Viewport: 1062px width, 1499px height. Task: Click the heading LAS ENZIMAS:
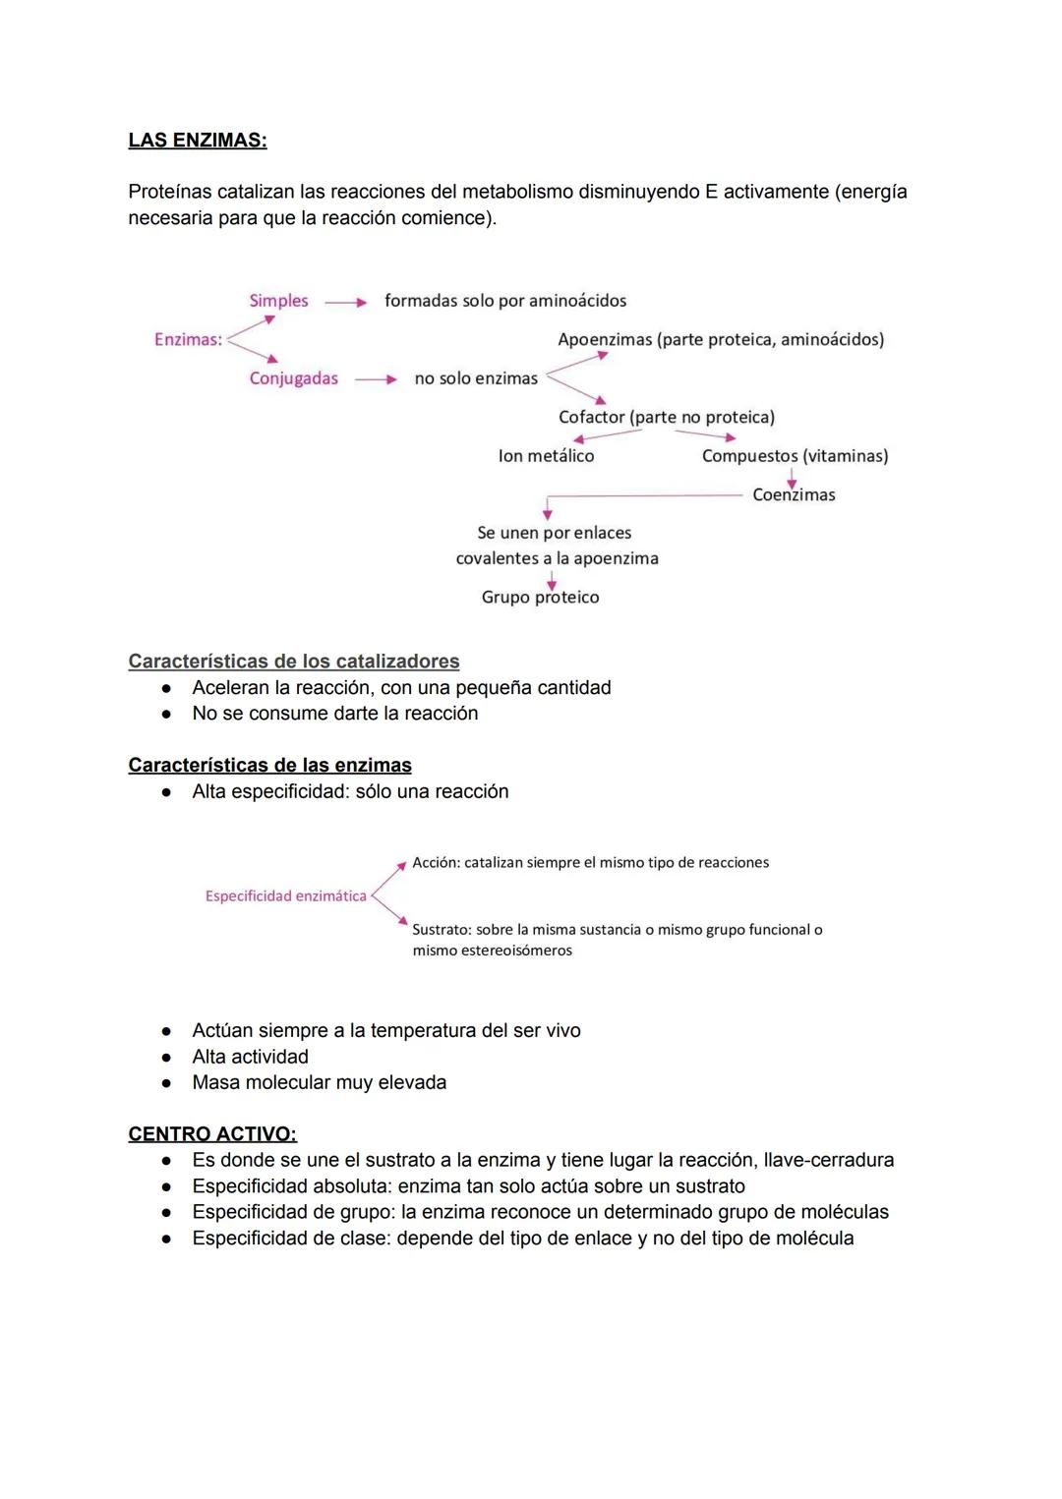click(197, 141)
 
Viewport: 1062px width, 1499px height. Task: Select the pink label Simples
click(278, 301)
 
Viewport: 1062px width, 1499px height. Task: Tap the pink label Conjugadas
click(293, 378)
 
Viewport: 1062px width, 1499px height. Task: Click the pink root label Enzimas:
click(188, 339)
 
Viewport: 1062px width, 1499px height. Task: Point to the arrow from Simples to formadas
click(345, 303)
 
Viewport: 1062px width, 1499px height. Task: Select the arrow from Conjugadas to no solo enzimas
click(376, 379)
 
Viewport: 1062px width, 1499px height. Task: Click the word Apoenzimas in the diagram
click(604, 339)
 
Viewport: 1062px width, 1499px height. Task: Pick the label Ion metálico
click(546, 456)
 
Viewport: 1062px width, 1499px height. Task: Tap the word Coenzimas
click(794, 494)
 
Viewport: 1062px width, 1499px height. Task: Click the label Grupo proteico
click(540, 597)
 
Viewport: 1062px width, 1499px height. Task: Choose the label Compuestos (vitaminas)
click(795, 456)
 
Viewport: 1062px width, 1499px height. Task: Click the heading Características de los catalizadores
click(293, 662)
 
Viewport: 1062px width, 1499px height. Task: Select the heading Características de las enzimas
click(269, 766)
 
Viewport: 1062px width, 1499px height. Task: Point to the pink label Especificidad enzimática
click(285, 896)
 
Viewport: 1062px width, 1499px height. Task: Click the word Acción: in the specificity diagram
click(436, 863)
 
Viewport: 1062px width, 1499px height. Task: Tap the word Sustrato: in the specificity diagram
click(442, 930)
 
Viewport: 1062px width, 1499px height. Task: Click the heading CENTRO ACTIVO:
click(212, 1134)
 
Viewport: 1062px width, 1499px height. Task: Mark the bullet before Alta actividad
click(167, 1058)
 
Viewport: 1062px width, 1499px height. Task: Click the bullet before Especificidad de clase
click(167, 1239)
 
